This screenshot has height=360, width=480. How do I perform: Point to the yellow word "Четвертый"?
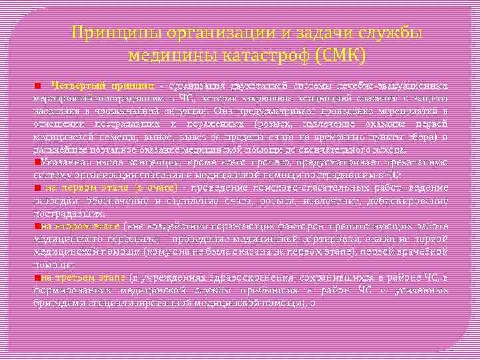76,86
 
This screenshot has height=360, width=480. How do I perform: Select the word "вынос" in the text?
177,137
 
